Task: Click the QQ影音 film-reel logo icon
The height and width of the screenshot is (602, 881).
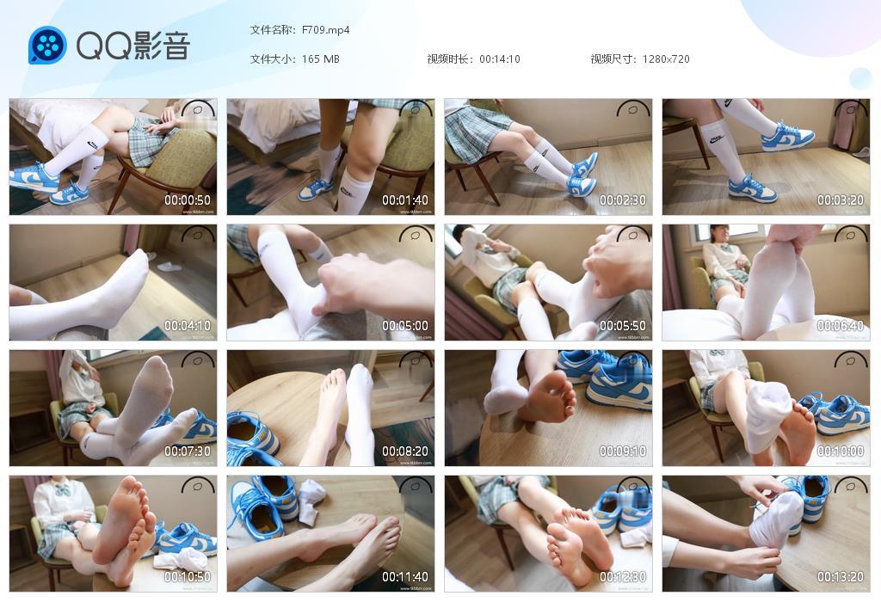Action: pyautogui.click(x=47, y=46)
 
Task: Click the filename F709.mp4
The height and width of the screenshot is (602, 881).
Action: pyautogui.click(x=325, y=30)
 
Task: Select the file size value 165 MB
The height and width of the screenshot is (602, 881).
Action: pyautogui.click(x=321, y=59)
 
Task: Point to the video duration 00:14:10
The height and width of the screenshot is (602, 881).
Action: pyautogui.click(x=500, y=59)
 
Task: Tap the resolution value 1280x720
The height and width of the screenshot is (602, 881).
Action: pyautogui.click(x=666, y=59)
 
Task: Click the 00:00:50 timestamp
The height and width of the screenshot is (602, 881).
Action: pyautogui.click(x=188, y=200)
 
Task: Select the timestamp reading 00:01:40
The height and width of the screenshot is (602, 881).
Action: pyautogui.click(x=405, y=200)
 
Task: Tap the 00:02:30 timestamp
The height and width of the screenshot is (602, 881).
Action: pyautogui.click(x=623, y=200)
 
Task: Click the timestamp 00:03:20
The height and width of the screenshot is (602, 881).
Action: pyautogui.click(x=841, y=200)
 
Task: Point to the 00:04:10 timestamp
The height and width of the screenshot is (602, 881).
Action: pyautogui.click(x=188, y=326)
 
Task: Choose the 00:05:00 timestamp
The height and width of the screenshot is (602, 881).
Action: pyautogui.click(x=405, y=326)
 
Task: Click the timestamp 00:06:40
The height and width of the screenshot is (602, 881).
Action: pyautogui.click(x=841, y=326)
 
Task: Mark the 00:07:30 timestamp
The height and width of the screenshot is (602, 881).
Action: pyautogui.click(x=188, y=451)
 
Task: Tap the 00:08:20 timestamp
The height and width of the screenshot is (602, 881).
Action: pyautogui.click(x=405, y=451)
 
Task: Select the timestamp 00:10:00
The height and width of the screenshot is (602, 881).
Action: pyautogui.click(x=841, y=451)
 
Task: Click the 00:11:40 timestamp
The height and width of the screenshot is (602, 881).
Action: pyautogui.click(x=405, y=577)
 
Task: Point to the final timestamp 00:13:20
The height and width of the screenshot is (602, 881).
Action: pyautogui.click(x=841, y=577)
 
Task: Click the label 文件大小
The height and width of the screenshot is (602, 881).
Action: pyautogui.click(x=273, y=59)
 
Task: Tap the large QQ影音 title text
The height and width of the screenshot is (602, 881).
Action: pyautogui.click(x=132, y=46)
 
